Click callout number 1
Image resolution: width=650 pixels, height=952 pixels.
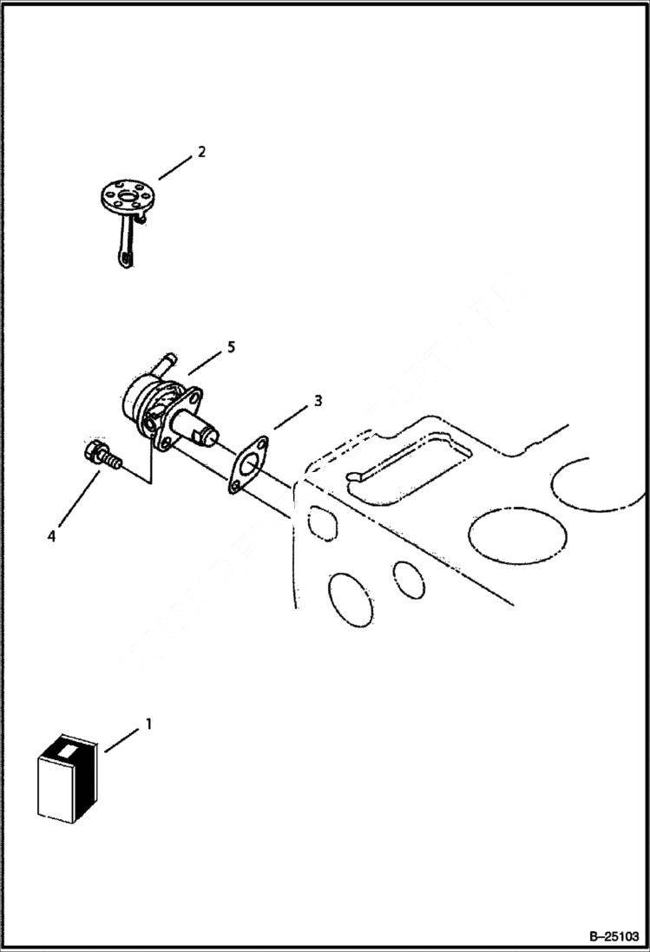[x=148, y=722]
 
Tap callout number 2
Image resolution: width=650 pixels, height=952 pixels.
[x=201, y=152]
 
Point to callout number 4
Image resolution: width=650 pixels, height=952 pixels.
[x=52, y=536]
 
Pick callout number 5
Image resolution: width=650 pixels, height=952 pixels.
[x=230, y=347]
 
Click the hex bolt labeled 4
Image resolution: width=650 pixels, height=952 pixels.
[x=101, y=456]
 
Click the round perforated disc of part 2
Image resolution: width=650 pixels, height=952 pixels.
[x=126, y=196]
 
